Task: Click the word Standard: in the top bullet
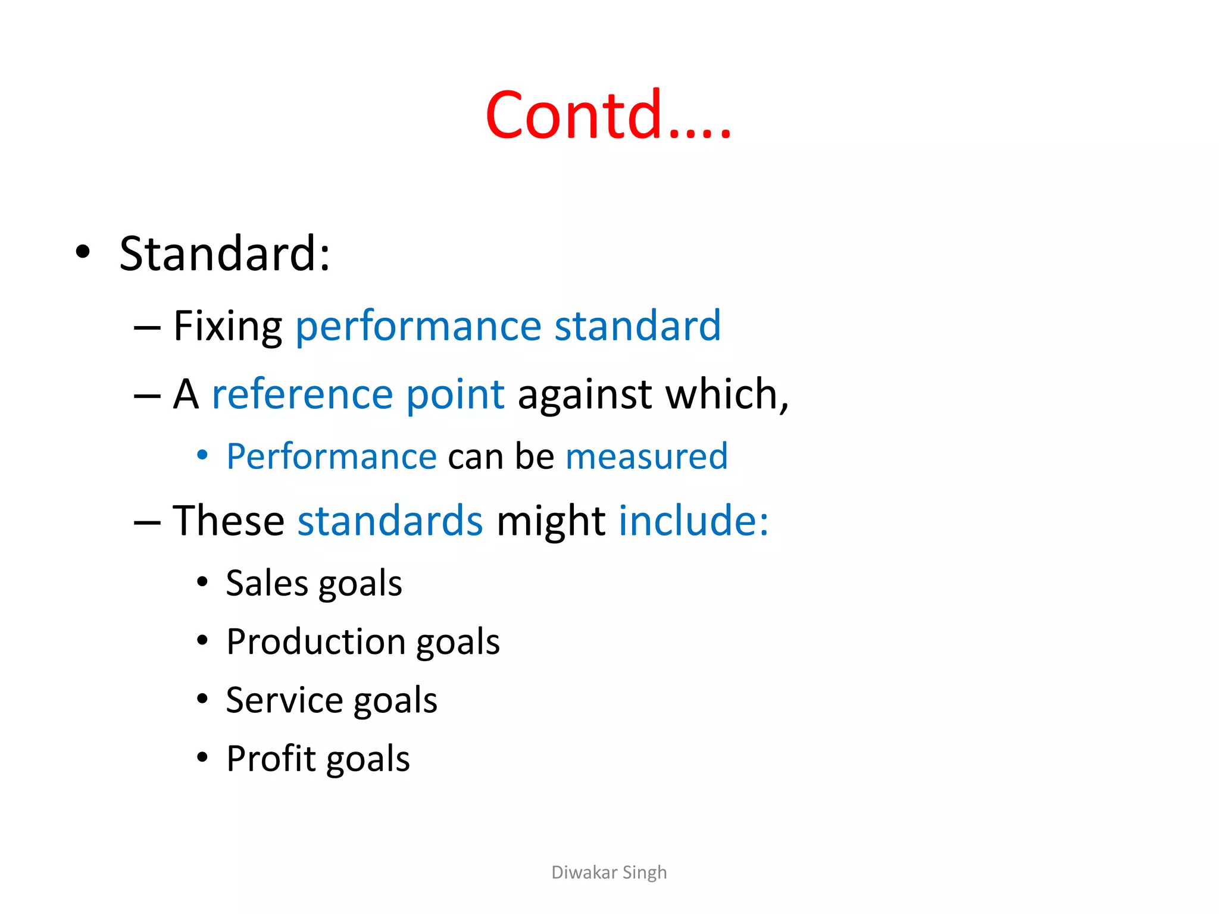coord(224,254)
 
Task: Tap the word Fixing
coord(227,327)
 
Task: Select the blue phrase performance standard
coord(508,327)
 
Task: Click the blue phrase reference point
coord(358,395)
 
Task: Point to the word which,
coord(727,395)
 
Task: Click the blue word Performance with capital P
coord(332,457)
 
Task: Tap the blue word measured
coord(646,457)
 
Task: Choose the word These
coord(229,521)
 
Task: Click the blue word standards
coord(390,521)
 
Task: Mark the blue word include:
coord(693,521)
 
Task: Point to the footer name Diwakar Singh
coord(609,872)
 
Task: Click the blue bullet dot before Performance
coord(202,455)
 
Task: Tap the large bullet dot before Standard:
coord(83,252)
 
